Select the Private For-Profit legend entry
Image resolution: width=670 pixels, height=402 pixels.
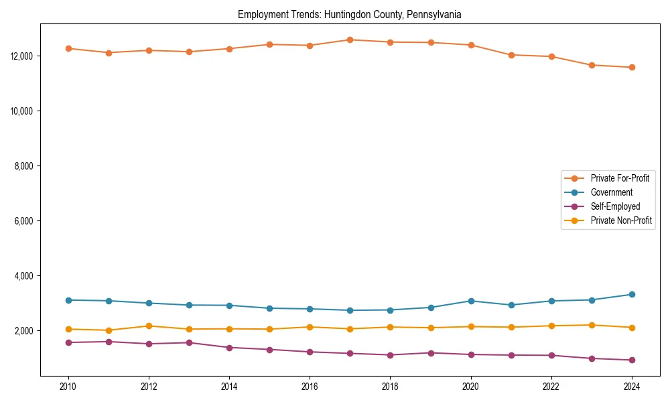pyautogui.click(x=619, y=178)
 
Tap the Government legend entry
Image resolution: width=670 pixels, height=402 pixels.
pyautogui.click(x=611, y=192)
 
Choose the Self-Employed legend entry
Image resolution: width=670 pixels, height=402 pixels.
pyautogui.click(x=615, y=206)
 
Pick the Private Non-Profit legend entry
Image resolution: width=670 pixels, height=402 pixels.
pyautogui.click(x=621, y=220)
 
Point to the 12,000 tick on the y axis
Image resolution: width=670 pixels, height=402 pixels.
pyautogui.click(x=23, y=56)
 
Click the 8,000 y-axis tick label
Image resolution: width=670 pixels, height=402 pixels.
pyautogui.click(x=25, y=165)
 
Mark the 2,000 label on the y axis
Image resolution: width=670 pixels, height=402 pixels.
pyautogui.click(x=25, y=331)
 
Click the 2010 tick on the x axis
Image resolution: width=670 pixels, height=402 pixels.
pyautogui.click(x=68, y=387)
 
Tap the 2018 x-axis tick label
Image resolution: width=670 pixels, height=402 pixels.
pyautogui.click(x=390, y=387)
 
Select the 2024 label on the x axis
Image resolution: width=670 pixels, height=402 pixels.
pyautogui.click(x=632, y=387)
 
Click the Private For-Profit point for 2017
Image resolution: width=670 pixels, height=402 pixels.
pyautogui.click(x=350, y=40)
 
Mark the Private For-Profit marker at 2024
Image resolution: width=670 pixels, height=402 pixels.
pyautogui.click(x=632, y=67)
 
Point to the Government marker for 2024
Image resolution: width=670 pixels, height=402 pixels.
pyautogui.click(x=632, y=294)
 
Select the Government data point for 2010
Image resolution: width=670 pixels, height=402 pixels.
pyautogui.click(x=68, y=300)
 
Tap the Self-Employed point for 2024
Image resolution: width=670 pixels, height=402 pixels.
pyautogui.click(x=632, y=360)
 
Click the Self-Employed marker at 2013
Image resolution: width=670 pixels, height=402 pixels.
pyautogui.click(x=189, y=342)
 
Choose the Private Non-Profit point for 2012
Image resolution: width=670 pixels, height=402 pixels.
pyautogui.click(x=149, y=326)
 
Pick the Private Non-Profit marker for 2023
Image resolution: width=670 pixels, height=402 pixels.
pyautogui.click(x=592, y=325)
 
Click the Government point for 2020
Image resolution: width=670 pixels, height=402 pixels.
pyautogui.click(x=471, y=301)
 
